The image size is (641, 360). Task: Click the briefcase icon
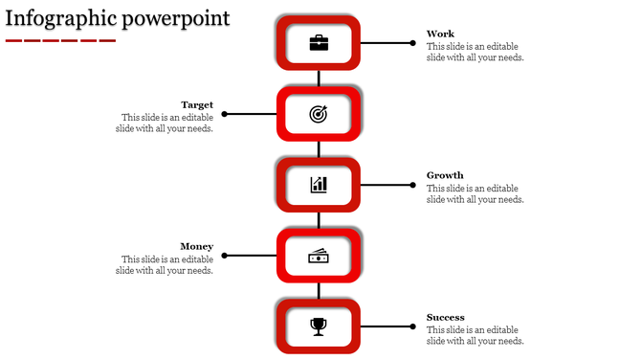[x=319, y=43]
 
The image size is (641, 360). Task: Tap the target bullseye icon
[x=319, y=114]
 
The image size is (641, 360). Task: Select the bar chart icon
[x=319, y=185]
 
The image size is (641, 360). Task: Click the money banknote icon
[x=319, y=256]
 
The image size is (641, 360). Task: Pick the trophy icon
[x=319, y=326]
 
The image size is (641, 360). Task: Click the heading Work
[x=440, y=34]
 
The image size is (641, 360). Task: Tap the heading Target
[x=197, y=105]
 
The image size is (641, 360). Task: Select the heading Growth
[x=445, y=176]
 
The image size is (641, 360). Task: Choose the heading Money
[x=196, y=247]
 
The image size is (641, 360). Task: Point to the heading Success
[x=446, y=318]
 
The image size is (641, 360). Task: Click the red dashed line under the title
[x=59, y=41]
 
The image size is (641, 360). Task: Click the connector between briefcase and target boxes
[x=319, y=79]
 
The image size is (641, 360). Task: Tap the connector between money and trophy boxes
[x=319, y=291]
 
